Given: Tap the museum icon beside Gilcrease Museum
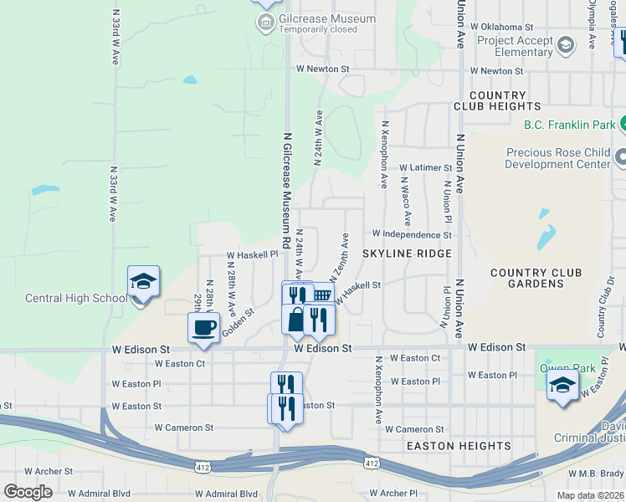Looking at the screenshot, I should click(266, 20).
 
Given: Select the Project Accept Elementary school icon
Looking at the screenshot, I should click(566, 44).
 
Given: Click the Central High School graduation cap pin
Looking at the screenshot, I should click(143, 282).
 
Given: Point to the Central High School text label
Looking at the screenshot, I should click(76, 298).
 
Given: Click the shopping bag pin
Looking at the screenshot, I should click(297, 319).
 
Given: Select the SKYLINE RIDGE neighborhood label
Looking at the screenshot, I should click(407, 254).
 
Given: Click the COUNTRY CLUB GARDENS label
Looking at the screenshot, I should click(536, 279).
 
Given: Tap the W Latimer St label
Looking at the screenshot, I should click(425, 168).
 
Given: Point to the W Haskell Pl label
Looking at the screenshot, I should click(252, 254).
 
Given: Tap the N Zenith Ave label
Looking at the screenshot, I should click(339, 257).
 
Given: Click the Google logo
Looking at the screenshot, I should click(28, 491).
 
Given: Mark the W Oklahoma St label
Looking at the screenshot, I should click(501, 27).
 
